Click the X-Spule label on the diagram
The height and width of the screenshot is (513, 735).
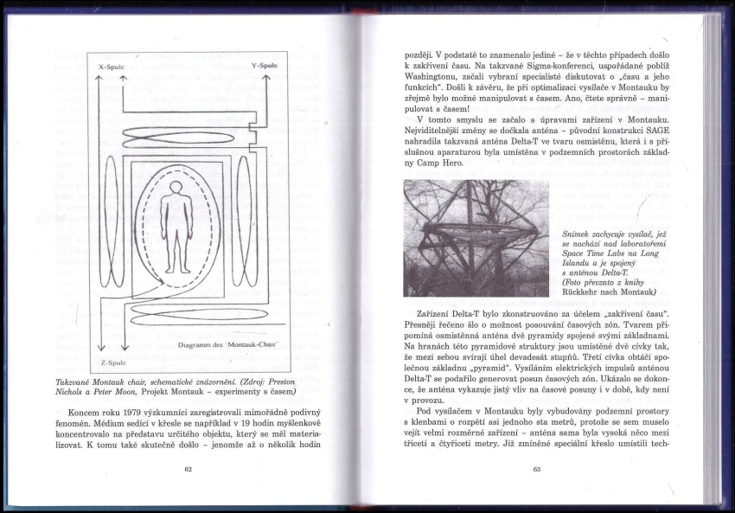(113, 66)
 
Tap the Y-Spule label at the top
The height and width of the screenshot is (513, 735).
(264, 65)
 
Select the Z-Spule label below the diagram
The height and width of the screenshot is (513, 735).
(112, 362)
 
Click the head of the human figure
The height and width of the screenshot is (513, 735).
(176, 188)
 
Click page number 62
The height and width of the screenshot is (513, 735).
(188, 469)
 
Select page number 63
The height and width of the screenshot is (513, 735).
(536, 469)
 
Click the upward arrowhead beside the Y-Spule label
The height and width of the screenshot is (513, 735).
(265, 79)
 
